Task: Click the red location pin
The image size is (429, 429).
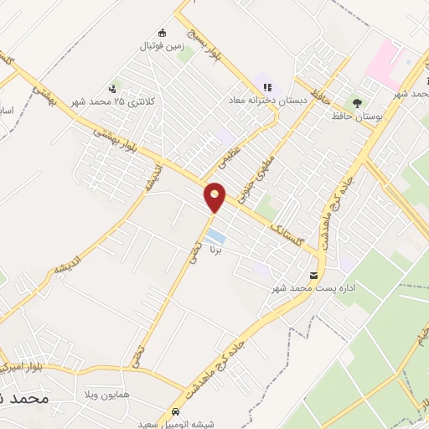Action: [x=215, y=197]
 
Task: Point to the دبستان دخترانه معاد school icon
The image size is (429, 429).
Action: [x=267, y=86]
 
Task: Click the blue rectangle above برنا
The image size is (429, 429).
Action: [x=215, y=235]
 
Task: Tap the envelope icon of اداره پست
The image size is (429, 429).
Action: [x=314, y=276]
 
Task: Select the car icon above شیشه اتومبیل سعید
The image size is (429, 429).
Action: [x=174, y=413]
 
